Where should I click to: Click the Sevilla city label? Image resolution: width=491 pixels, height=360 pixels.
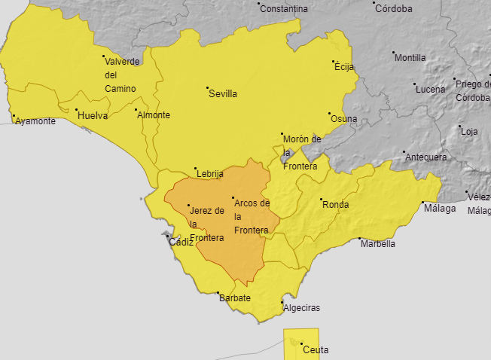pos(224,94)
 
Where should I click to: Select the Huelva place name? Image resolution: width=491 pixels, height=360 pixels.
pos(93,116)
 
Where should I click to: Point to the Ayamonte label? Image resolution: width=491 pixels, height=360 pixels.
pos(35,121)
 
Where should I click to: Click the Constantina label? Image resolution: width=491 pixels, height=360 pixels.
pos(285,9)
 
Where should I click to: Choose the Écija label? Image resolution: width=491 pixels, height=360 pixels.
pos(343,67)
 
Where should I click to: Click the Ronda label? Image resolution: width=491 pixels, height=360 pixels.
pos(335,205)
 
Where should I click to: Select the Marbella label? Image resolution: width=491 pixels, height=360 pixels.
pos(378,244)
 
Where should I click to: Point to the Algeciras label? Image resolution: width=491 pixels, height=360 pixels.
pos(301,308)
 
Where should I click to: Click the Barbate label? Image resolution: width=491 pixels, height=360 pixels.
pos(234,298)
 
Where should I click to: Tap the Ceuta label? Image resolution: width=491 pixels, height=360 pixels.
pos(316,349)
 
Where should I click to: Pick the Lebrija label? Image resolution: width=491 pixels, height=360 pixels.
pos(210,175)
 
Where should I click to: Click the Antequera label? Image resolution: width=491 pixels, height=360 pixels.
pos(426,157)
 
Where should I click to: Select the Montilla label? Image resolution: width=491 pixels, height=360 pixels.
pos(410,58)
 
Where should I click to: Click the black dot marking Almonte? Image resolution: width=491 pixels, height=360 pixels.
pos(136,111)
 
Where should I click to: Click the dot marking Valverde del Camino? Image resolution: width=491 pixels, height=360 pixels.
pos(104,56)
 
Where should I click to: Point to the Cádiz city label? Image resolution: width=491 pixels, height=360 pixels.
pos(181,243)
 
